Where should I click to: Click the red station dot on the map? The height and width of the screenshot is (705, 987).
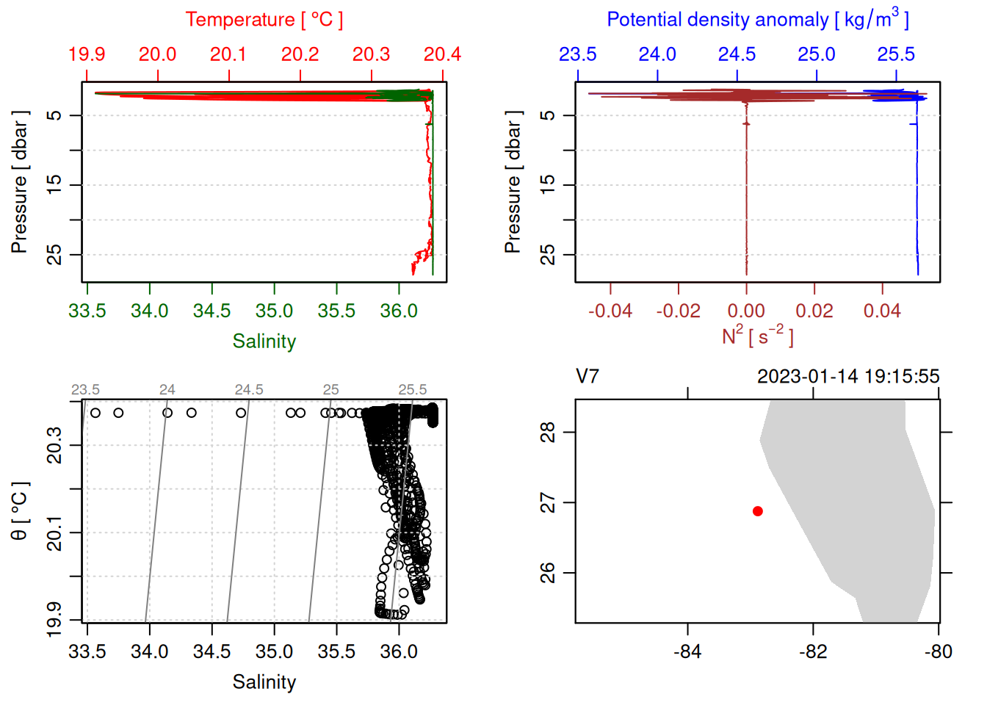(757, 511)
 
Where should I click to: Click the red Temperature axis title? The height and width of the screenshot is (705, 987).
(264, 20)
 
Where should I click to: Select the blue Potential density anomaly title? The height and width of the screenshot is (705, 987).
(757, 19)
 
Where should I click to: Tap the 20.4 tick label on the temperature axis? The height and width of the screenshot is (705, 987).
(442, 54)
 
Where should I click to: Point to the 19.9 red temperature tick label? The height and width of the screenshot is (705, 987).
(87, 54)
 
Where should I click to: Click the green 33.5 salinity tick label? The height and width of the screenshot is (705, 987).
(87, 311)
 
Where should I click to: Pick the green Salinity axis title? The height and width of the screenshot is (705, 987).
(264, 341)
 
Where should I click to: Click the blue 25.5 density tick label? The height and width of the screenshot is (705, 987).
(896, 54)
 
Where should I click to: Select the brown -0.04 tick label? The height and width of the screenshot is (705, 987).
(610, 311)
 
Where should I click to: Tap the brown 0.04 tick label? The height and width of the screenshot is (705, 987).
(882, 311)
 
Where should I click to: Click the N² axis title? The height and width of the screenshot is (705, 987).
(757, 336)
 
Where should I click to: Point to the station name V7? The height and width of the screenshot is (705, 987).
(587, 377)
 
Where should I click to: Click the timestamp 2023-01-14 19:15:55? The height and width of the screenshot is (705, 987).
(848, 377)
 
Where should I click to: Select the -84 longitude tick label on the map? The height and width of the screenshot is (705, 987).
(687, 651)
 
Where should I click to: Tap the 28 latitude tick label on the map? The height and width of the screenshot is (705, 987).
(548, 432)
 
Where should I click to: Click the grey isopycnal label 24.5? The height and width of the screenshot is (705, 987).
(249, 390)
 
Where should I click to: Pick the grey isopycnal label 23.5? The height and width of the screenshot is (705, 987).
(85, 390)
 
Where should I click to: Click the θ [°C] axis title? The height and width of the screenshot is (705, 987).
(19, 511)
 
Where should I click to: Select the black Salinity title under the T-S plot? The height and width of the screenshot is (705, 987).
(264, 682)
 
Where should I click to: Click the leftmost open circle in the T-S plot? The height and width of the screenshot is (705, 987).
(95, 413)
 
